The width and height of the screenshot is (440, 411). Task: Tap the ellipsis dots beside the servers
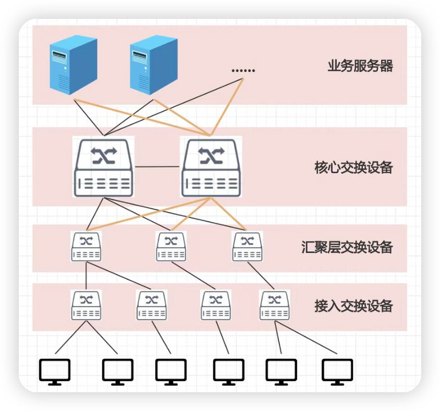click(243, 70)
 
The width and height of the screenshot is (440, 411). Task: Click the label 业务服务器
click(360, 67)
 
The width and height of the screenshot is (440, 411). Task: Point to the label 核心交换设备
click(353, 167)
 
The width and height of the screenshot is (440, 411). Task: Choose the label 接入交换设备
click(353, 305)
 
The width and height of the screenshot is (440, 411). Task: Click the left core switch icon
click(103, 167)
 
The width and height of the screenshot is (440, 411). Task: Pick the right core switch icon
click(211, 167)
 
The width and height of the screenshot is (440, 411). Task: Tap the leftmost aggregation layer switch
click(86, 246)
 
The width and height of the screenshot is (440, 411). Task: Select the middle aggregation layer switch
click(171, 246)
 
